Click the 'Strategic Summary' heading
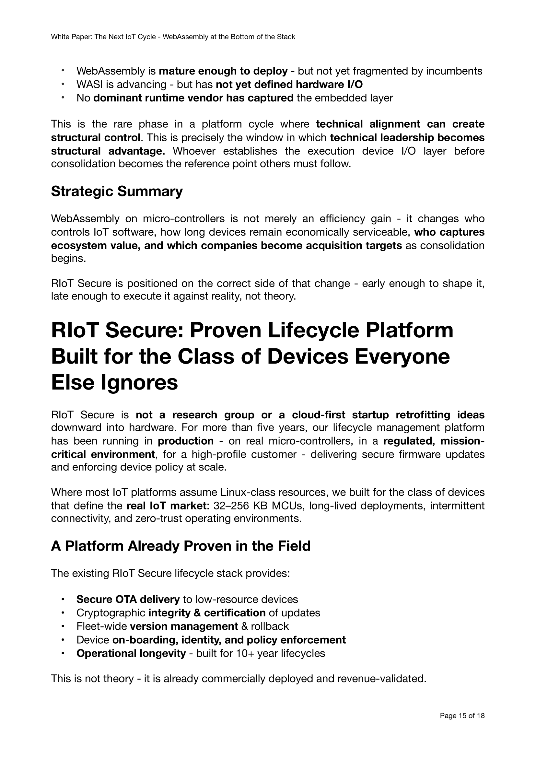pos(117,192)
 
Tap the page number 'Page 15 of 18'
pos(462,725)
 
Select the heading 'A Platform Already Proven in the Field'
pos(181,546)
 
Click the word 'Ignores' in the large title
pos(139,383)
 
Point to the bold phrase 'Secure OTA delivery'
pos(128,599)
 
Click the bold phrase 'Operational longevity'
pos(131,653)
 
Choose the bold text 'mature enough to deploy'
pos(223,71)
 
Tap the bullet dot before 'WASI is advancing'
pos(63,85)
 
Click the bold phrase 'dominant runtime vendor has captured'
pos(193,98)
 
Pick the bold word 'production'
pos(185,441)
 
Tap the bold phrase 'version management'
pos(184,626)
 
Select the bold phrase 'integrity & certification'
pos(207,613)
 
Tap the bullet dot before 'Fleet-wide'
pos(63,626)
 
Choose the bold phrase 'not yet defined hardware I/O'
pos(289,85)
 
